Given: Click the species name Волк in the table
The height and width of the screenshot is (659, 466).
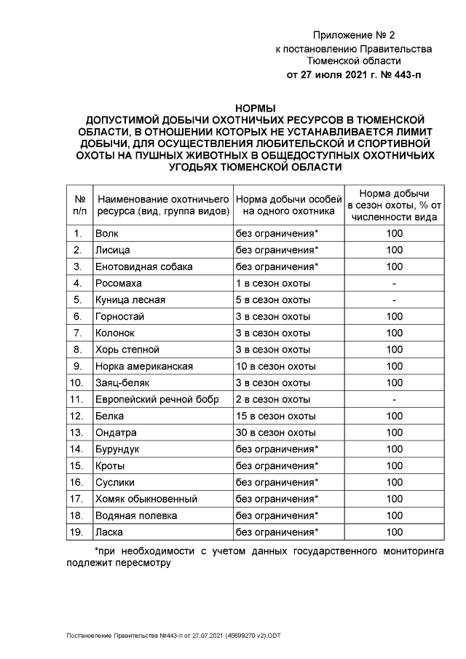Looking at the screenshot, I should click(x=106, y=234).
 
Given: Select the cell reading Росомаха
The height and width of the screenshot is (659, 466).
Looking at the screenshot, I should click(x=119, y=283).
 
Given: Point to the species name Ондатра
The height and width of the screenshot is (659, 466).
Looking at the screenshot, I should click(x=115, y=433).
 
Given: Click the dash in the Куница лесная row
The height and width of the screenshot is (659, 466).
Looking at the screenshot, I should click(x=394, y=300).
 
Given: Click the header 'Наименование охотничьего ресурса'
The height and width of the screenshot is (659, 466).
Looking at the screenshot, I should click(x=163, y=204).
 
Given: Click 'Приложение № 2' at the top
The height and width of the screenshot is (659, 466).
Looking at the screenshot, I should click(x=353, y=36).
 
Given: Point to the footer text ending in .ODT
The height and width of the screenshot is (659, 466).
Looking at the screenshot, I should click(x=173, y=636).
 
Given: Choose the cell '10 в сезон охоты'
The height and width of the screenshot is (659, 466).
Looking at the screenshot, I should click(x=275, y=366).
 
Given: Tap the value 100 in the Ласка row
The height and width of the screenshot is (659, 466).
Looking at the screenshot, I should click(x=394, y=532).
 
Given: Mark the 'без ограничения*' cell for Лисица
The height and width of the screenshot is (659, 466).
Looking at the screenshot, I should click(x=277, y=250).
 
